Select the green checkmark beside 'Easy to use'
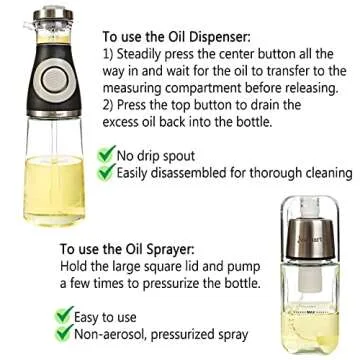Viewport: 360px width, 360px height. click(67, 313)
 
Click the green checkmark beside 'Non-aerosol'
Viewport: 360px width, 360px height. click(67, 330)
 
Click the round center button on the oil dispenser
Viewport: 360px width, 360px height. click(46, 84)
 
